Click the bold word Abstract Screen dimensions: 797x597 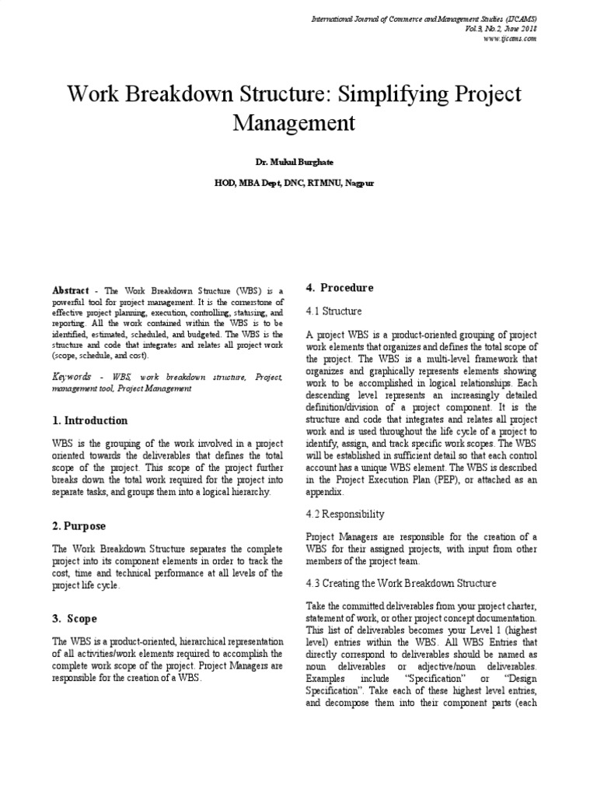click(71, 290)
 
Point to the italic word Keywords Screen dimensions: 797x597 click(72, 376)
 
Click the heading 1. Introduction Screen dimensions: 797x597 click(90, 420)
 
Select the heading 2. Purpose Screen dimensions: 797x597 click(79, 527)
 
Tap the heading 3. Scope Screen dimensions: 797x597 click(75, 619)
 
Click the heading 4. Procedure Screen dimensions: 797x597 click(340, 287)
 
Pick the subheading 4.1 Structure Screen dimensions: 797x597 click(333, 311)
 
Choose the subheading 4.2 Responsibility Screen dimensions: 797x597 click(345, 514)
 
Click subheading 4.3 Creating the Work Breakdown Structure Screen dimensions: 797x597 click(401, 583)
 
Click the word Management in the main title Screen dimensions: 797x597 click(294, 122)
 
